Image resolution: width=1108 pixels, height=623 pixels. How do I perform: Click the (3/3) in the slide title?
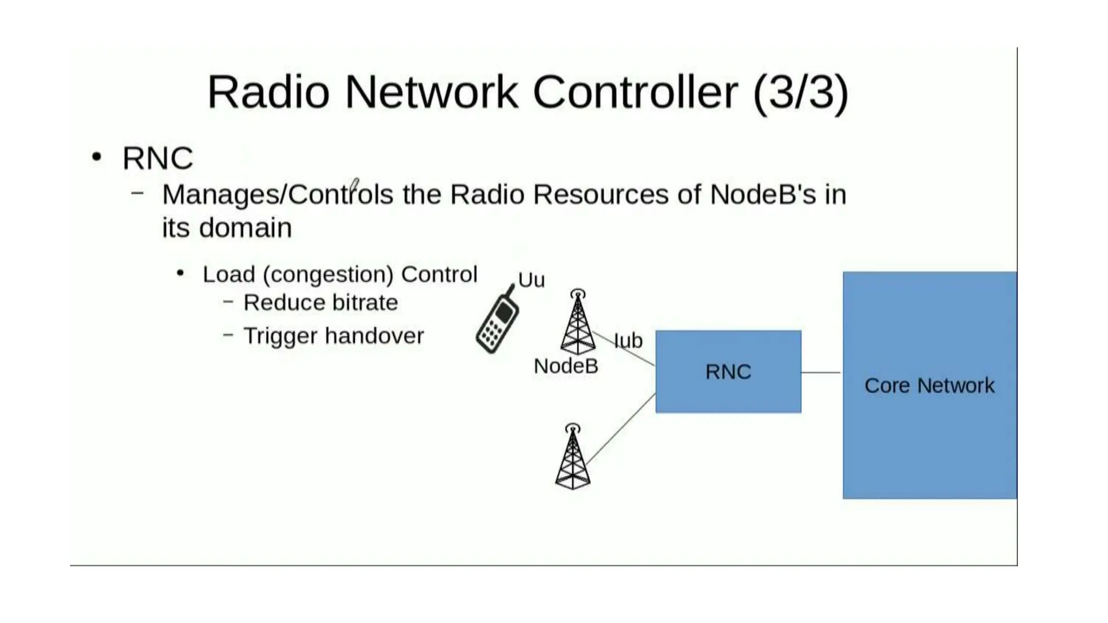coord(800,92)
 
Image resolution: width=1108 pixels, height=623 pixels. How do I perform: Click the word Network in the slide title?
coord(431,92)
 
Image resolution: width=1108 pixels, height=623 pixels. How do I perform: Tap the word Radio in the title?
coord(268,92)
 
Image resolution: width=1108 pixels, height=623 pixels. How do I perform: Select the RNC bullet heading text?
coord(157,158)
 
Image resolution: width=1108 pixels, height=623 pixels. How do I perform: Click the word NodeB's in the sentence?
coord(762,195)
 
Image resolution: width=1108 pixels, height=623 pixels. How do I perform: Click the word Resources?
coord(601,195)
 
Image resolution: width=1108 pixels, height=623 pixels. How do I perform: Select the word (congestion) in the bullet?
coord(328,275)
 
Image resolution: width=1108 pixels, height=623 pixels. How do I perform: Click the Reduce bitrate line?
coord(320,303)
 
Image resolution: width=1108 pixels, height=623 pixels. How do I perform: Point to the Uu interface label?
coord(531,280)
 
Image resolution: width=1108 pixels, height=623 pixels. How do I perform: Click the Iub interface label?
coord(628,341)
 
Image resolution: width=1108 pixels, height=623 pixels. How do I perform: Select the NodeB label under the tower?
coord(565,366)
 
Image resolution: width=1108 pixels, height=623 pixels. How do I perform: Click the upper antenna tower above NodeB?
coord(577,324)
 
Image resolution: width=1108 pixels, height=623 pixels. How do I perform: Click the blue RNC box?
coord(728,372)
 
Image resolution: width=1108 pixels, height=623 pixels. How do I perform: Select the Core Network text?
coord(929,386)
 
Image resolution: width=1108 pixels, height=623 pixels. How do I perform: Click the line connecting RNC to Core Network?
coord(821,372)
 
